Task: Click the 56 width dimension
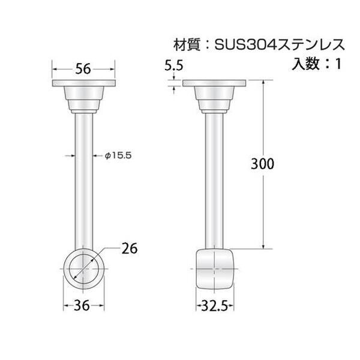click(x=83, y=69)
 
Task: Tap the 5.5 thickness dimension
click(x=174, y=65)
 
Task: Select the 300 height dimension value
click(x=262, y=164)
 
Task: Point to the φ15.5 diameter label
click(x=118, y=155)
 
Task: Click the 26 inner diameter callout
click(x=130, y=248)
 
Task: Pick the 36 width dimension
click(x=82, y=305)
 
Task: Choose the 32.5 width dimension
click(x=214, y=306)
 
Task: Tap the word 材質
click(x=187, y=44)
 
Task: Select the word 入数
click(x=305, y=64)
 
